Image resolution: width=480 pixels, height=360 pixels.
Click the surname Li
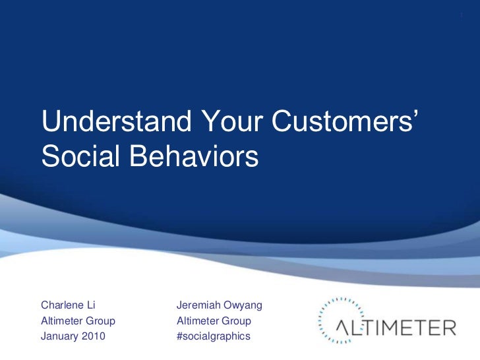click(x=92, y=305)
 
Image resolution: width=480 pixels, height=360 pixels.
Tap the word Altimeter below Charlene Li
click(x=63, y=321)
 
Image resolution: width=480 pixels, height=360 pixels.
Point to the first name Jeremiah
click(x=199, y=305)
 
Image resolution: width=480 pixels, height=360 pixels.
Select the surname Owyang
click(x=244, y=305)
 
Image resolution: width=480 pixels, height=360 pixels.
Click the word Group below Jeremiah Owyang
click(x=236, y=321)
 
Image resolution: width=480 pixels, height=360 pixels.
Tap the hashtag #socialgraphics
click(x=213, y=337)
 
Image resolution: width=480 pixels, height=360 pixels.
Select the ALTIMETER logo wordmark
click(x=395, y=327)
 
